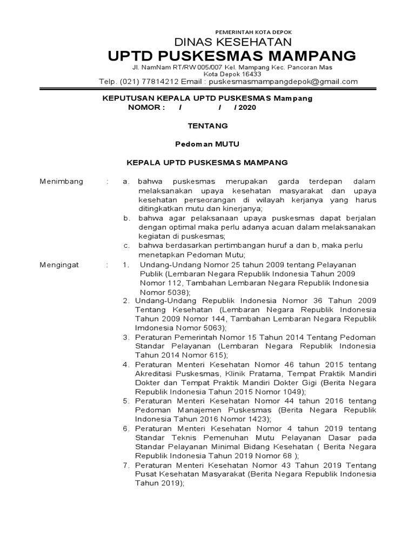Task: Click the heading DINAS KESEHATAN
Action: click(232, 42)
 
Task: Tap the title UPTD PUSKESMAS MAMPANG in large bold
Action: click(232, 56)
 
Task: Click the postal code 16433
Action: click(251, 74)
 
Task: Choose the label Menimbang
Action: click(62, 182)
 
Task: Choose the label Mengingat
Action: click(59, 265)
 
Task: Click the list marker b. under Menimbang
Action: click(126, 218)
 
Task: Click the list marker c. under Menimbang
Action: click(126, 246)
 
